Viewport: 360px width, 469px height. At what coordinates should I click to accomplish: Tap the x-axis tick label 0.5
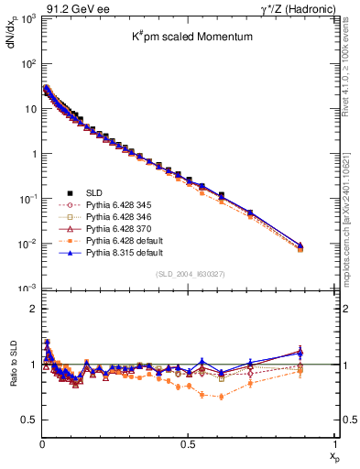click(x=188, y=442)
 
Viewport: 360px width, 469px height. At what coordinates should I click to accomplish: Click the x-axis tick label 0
click(x=41, y=442)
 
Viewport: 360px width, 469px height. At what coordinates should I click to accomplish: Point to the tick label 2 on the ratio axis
click(x=30, y=309)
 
